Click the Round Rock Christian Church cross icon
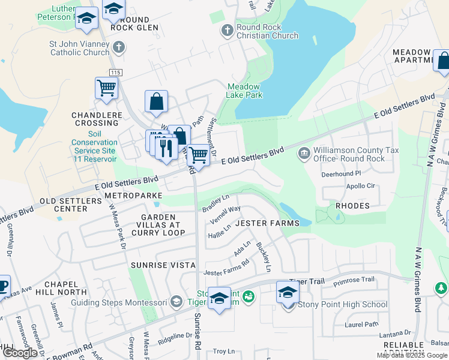pyautogui.click(x=227, y=30)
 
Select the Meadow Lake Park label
pyautogui.click(x=244, y=91)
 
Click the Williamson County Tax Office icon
pyautogui.click(x=304, y=154)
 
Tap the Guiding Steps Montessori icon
pyautogui.click(x=176, y=301)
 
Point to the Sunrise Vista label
pyautogui.click(x=163, y=265)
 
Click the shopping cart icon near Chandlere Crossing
pyautogui.click(x=106, y=88)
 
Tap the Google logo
pyautogui.click(x=20, y=353)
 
